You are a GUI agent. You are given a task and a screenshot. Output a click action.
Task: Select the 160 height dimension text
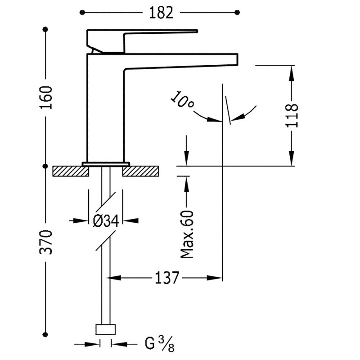(x=46, y=97)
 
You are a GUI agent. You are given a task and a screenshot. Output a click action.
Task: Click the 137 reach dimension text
(x=167, y=278)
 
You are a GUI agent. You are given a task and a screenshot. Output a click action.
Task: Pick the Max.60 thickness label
(x=187, y=234)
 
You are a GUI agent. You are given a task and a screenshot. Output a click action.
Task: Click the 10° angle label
(x=182, y=102)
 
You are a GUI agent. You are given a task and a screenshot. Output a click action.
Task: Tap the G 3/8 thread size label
(x=159, y=344)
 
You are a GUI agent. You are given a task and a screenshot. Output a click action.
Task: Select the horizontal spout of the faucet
(x=180, y=61)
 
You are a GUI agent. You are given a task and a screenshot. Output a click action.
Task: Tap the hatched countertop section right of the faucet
(x=141, y=171)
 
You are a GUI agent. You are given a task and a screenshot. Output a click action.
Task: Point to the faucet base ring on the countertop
(x=106, y=163)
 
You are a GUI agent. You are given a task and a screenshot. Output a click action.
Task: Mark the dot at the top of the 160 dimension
(x=45, y=30)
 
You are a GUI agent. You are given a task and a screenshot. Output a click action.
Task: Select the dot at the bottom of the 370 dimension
(x=45, y=333)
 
